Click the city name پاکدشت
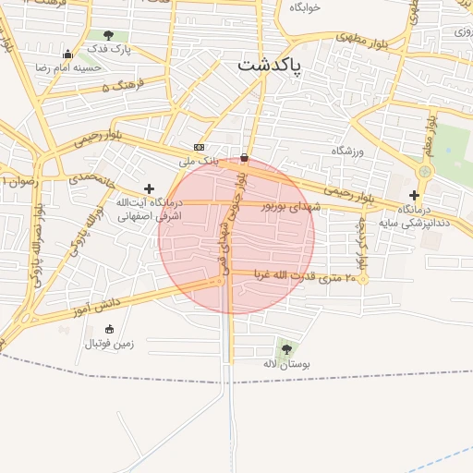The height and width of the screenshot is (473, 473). (275, 66)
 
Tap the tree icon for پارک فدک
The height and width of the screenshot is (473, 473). (108, 35)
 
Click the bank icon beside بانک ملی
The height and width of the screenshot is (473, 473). (199, 148)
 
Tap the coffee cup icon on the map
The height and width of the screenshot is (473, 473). (244, 157)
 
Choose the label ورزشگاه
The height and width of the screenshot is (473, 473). (349, 150)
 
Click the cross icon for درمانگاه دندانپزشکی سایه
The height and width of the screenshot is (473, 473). (414, 195)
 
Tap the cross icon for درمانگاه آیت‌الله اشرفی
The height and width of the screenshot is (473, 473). (149, 188)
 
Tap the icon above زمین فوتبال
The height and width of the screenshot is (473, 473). (110, 329)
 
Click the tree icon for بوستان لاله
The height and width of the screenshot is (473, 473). (285, 349)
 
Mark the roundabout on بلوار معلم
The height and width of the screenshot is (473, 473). (425, 172)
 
